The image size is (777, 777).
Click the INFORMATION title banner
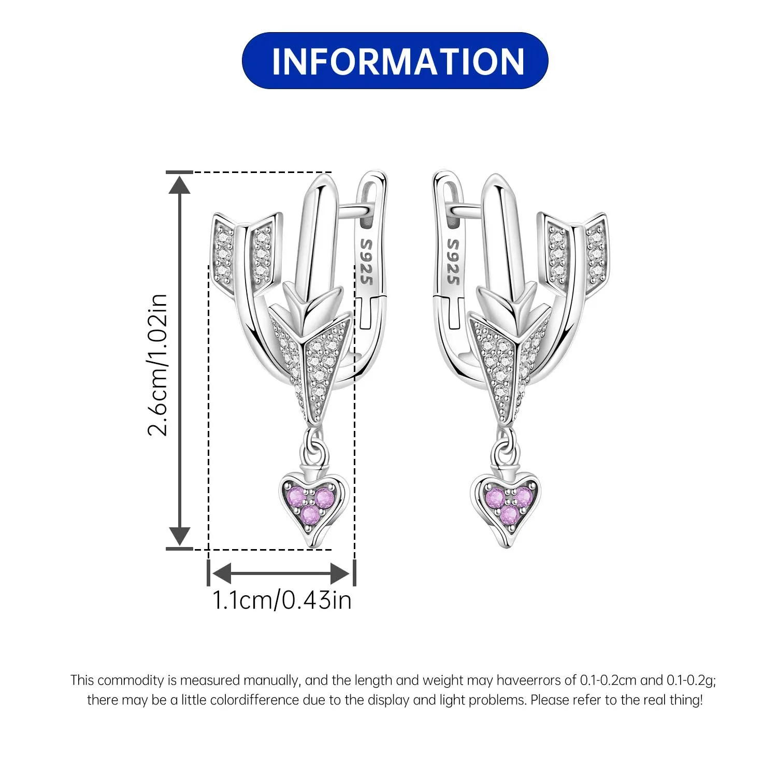(x=395, y=61)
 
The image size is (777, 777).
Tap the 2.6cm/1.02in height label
(x=157, y=364)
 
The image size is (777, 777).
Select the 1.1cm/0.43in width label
(x=282, y=600)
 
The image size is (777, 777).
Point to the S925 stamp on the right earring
(x=453, y=262)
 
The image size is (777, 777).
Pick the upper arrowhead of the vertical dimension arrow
(x=180, y=184)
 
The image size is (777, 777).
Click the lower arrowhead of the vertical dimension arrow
(x=180, y=536)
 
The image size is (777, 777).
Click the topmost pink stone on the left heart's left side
(x=295, y=495)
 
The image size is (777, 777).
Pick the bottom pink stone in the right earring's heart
(x=509, y=515)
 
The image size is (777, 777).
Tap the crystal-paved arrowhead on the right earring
(x=509, y=357)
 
